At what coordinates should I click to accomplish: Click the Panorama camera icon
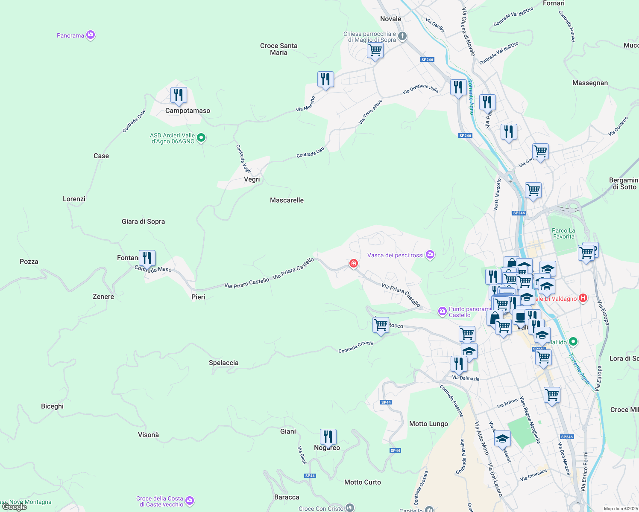(90, 35)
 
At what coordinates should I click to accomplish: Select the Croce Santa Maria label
(278, 49)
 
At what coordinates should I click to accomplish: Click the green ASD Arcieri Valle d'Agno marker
(202, 138)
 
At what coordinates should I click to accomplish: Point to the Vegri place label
(252, 179)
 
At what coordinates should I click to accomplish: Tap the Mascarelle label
(287, 200)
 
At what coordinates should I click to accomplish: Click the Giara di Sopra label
(143, 221)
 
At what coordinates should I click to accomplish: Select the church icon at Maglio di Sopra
(402, 36)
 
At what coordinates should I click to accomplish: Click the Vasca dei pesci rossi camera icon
(430, 255)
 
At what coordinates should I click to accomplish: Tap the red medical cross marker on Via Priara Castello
(353, 264)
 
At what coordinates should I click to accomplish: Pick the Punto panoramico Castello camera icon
(442, 311)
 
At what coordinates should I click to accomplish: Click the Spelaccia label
(223, 363)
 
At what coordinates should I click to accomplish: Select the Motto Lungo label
(428, 424)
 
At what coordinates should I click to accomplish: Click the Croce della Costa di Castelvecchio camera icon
(190, 501)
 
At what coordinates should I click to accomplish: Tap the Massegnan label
(590, 83)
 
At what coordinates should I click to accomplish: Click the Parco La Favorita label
(564, 233)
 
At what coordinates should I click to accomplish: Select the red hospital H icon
(583, 298)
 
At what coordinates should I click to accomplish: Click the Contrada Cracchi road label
(355, 347)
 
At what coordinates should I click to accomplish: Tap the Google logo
(15, 507)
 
